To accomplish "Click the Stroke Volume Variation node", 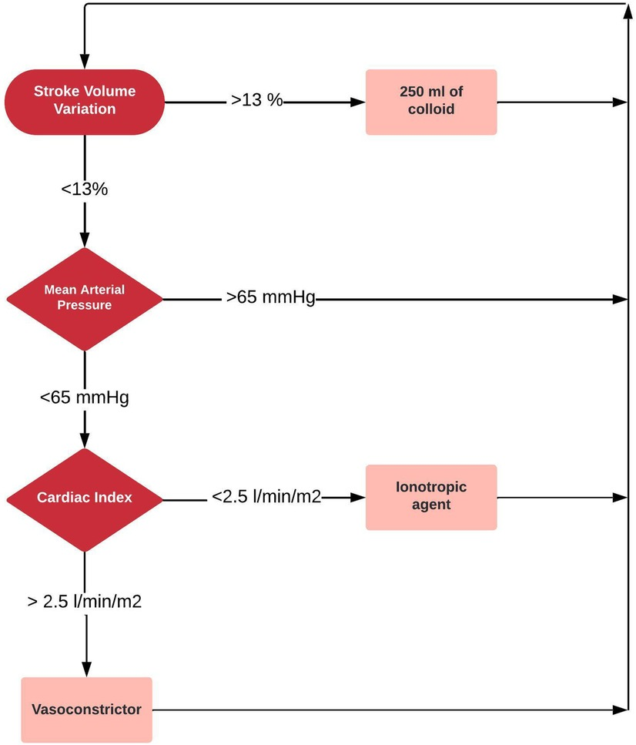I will tap(85, 101).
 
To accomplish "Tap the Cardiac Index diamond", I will tap(85, 498).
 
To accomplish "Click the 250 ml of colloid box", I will tap(431, 101).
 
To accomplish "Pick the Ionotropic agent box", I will tap(431, 497).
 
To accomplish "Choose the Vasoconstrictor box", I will tap(86, 710).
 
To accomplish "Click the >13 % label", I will tap(257, 101).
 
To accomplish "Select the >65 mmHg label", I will tap(271, 298).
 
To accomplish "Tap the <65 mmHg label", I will tap(84, 398).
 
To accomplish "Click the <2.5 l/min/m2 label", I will tap(266, 498).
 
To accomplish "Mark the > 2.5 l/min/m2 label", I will tap(84, 602).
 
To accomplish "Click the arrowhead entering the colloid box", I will tap(359, 102).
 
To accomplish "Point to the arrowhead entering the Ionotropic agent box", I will tap(359, 498).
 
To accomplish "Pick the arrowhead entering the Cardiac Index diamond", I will tap(85, 441).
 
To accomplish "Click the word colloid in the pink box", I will tap(431, 109).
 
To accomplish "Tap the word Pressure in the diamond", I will tap(85, 305).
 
